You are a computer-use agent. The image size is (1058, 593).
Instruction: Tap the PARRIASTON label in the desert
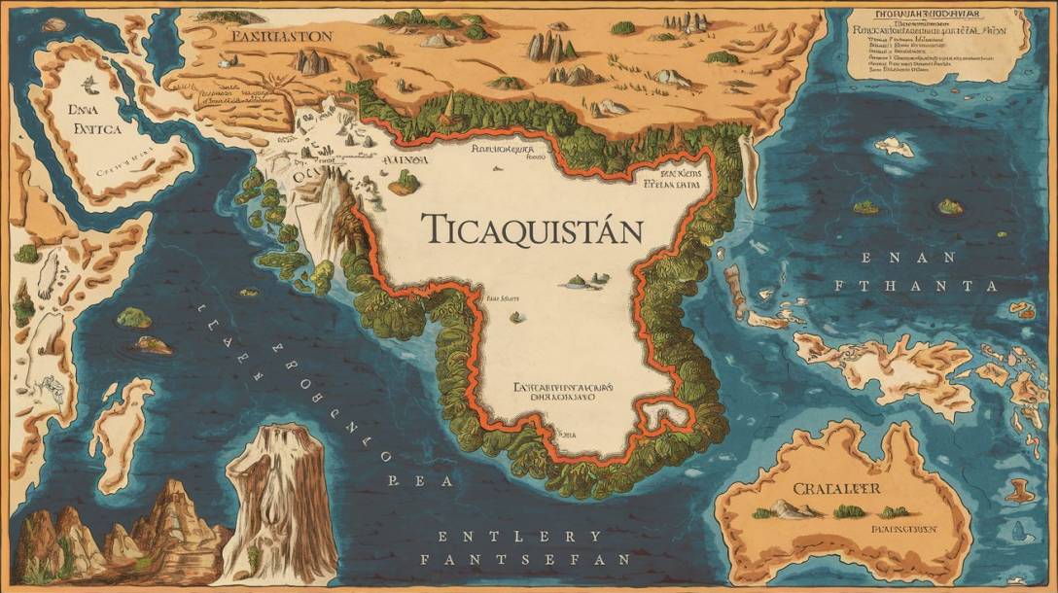point(282,36)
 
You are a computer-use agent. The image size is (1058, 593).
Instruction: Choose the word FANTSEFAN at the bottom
point(525,560)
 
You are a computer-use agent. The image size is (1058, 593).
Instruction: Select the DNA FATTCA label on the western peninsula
point(88,117)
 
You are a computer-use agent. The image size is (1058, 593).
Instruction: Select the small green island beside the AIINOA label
point(405,181)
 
